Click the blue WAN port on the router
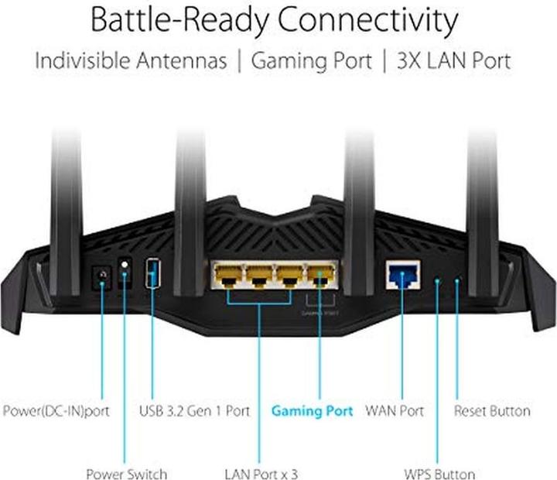tap(403, 274)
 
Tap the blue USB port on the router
tap(152, 273)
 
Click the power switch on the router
tap(125, 273)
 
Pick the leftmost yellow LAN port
tap(227, 276)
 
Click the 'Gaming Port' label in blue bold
tap(313, 411)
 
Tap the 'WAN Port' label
tap(395, 411)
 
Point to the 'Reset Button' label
tap(492, 411)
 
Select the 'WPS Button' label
tap(439, 474)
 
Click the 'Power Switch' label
tap(126, 474)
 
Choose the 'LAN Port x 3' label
tap(261, 474)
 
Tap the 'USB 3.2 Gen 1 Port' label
tap(195, 411)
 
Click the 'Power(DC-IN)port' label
tap(56, 411)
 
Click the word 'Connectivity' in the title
tap(367, 20)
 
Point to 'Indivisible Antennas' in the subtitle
tap(131, 60)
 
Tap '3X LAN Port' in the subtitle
tap(454, 60)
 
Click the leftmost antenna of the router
tap(67, 214)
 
